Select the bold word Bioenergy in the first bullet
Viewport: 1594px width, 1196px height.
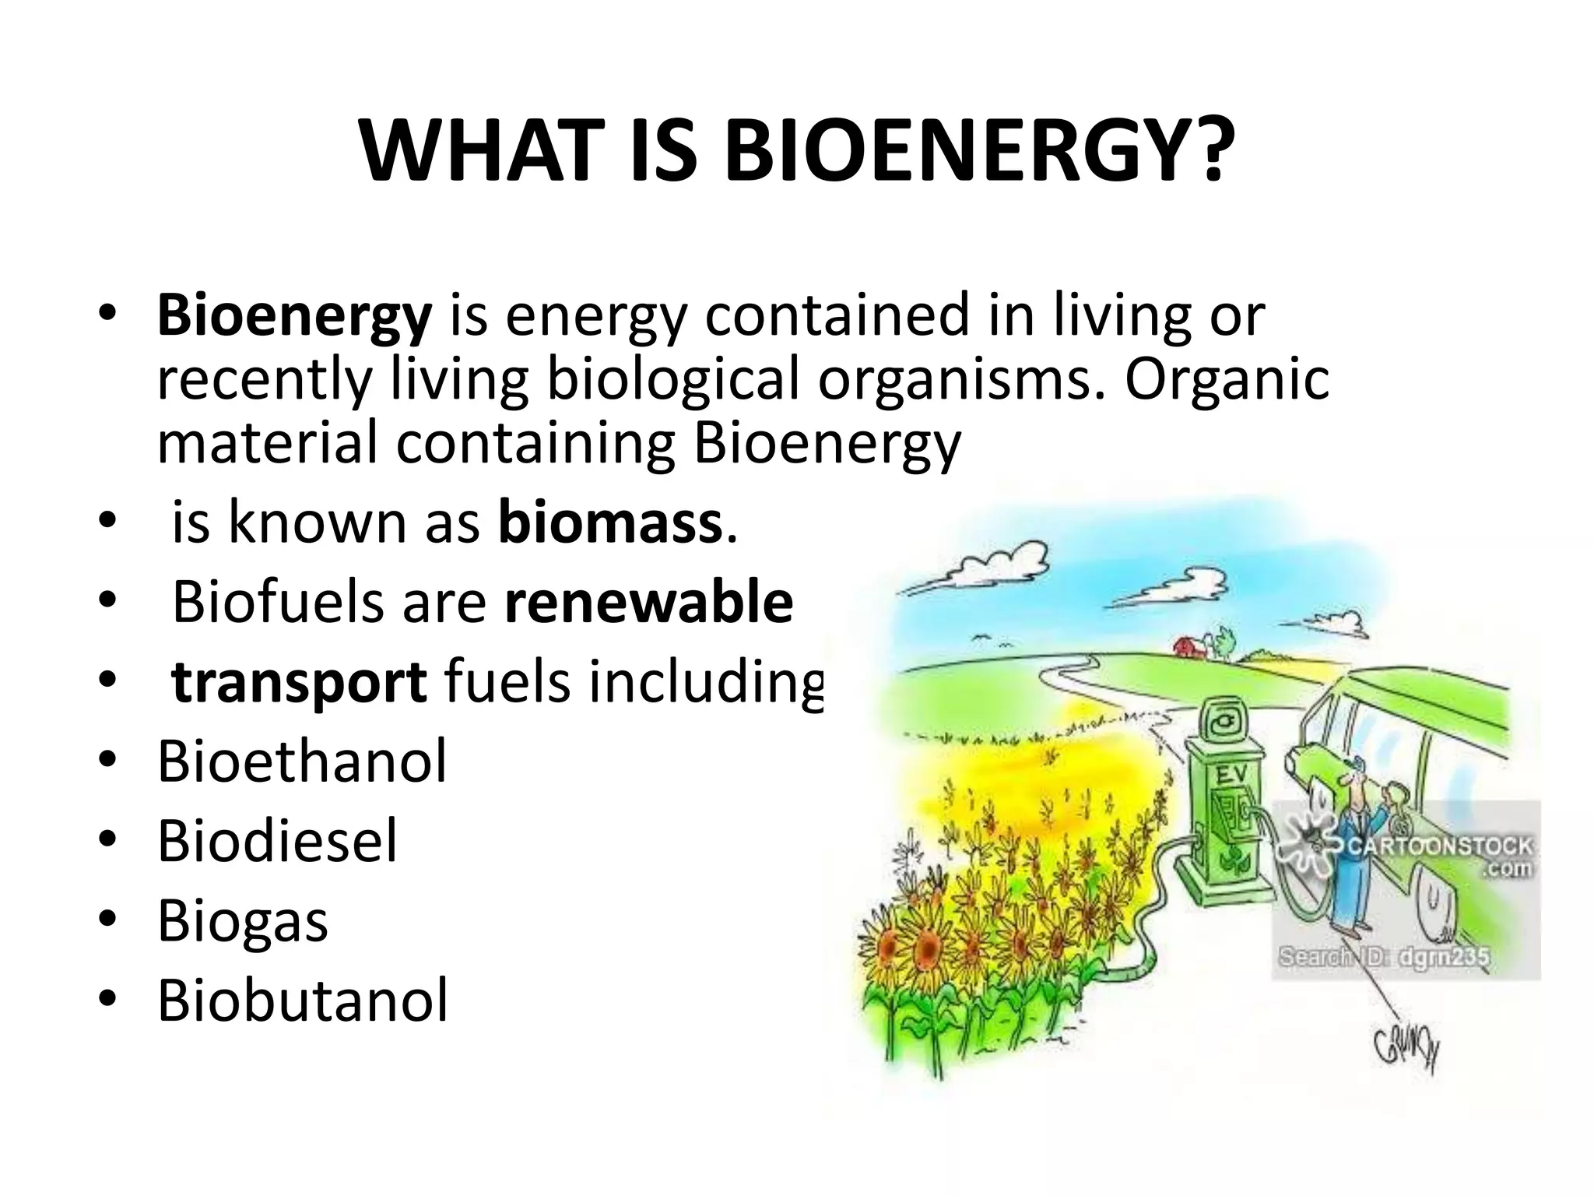click(x=293, y=315)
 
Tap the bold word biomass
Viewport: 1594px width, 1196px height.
click(x=610, y=522)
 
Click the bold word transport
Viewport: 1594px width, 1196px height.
click(x=299, y=682)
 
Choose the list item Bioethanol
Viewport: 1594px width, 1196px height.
click(x=302, y=762)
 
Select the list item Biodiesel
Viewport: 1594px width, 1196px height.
click(x=277, y=841)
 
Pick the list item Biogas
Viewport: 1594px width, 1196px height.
click(x=242, y=921)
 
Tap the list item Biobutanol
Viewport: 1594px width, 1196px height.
click(x=303, y=1001)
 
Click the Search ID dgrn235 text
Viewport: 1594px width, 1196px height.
click(x=1383, y=956)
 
